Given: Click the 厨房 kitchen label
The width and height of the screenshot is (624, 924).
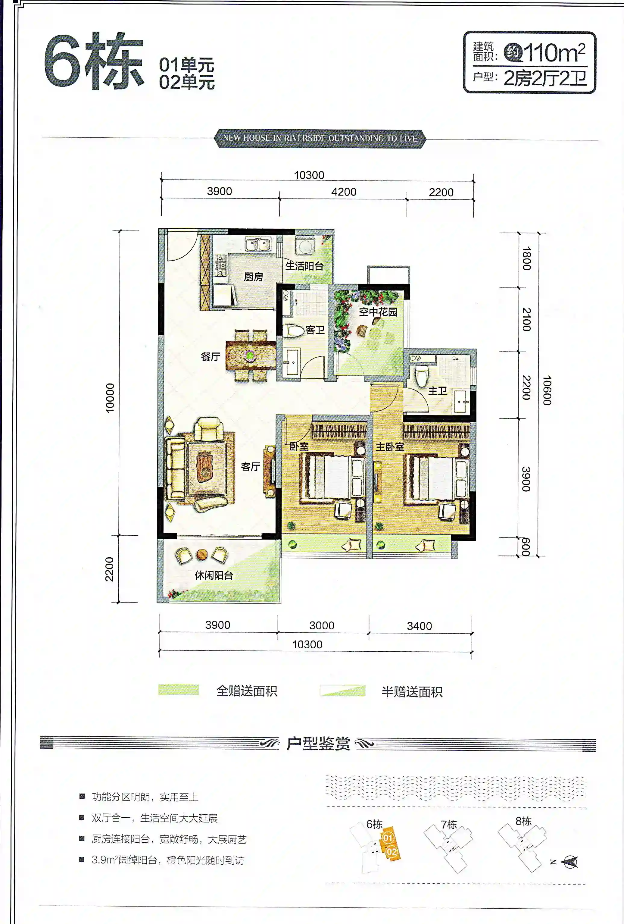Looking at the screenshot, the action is pos(253,277).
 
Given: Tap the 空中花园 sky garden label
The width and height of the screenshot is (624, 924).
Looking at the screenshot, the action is pos(378,312).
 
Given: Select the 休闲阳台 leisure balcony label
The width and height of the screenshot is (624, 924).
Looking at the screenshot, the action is pos(214,575).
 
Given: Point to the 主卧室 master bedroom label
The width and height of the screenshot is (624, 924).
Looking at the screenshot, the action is pos(390,447).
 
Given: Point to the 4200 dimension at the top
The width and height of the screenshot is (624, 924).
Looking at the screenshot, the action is pos(344,192).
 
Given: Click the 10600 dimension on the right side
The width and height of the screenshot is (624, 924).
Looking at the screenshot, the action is pos(547,390).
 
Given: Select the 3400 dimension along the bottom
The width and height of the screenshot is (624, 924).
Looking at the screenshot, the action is pos(419,626).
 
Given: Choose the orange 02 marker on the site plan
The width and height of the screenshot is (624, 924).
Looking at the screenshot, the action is pos(392,852).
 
